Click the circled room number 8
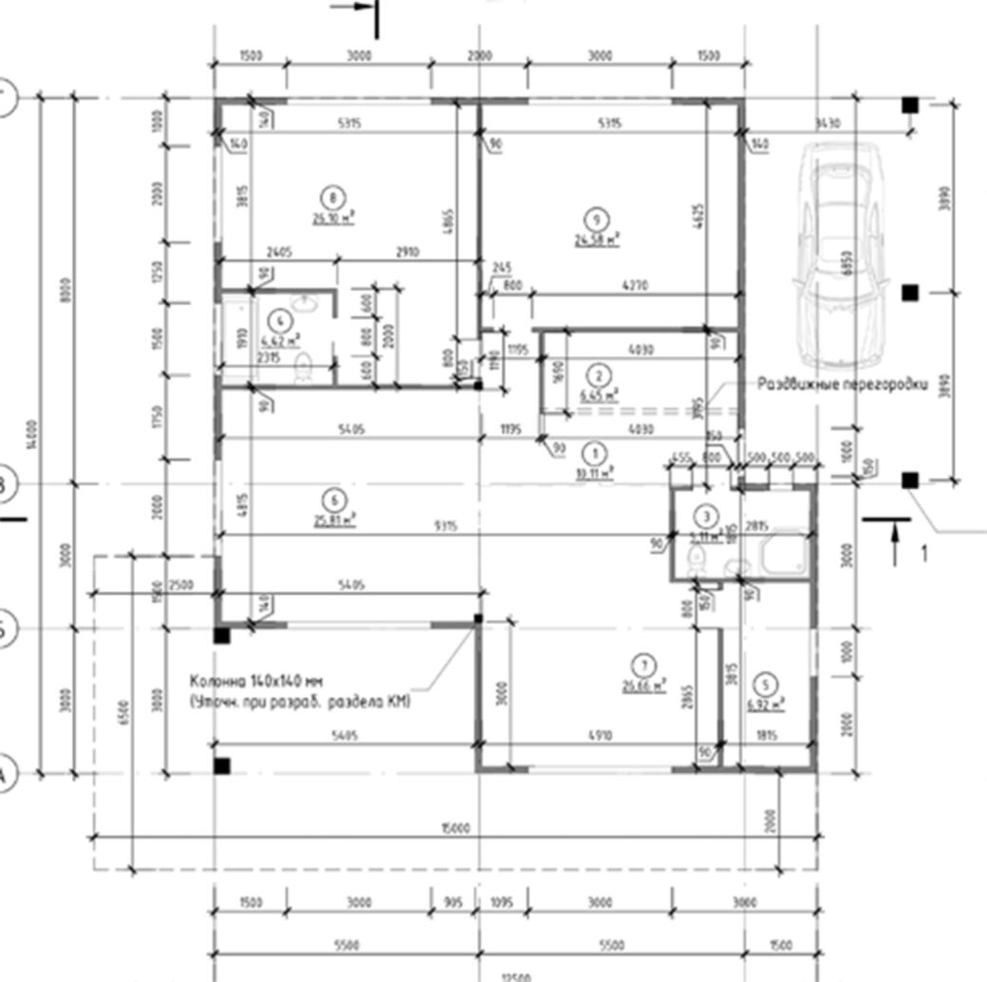(331, 198)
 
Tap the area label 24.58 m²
(596, 240)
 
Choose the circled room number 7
(644, 664)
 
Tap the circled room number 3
(706, 517)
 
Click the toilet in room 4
(305, 366)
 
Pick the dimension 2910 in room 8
(408, 252)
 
